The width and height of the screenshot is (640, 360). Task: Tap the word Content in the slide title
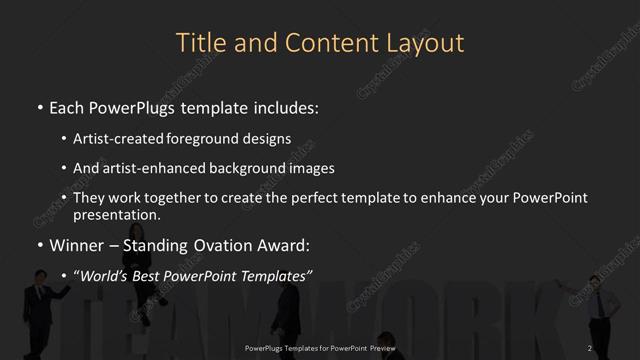[x=320, y=43]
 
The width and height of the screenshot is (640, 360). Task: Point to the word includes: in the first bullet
[x=287, y=105]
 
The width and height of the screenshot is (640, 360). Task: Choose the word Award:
[x=284, y=245]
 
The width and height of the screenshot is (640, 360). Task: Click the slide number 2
[x=590, y=347]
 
